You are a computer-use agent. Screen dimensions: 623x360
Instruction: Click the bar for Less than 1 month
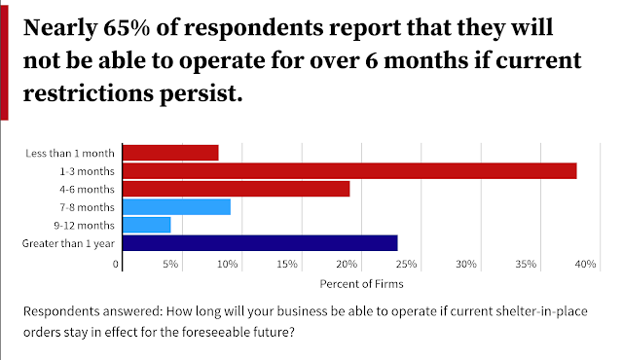tap(170, 153)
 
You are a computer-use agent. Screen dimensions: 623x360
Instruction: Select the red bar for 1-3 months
tap(349, 170)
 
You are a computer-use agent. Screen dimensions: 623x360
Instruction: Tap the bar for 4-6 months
tap(236, 189)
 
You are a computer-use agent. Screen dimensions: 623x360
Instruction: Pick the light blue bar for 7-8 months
tap(176, 207)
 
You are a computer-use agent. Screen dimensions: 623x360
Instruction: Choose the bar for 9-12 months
tap(147, 225)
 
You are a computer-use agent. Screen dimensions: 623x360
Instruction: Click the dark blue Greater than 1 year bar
tap(260, 243)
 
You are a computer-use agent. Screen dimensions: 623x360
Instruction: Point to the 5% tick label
tap(170, 264)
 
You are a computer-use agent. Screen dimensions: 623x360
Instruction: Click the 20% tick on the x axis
tap(347, 264)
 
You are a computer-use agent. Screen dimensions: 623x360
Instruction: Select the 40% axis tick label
tap(585, 264)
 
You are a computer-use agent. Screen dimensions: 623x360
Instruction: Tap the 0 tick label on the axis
tap(116, 264)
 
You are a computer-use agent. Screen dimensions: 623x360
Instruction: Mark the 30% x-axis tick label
tap(466, 264)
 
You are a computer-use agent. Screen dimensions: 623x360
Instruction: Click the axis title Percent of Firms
tap(361, 284)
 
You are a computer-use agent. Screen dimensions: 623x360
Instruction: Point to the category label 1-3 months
tap(87, 171)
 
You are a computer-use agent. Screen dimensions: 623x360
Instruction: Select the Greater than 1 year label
tap(68, 243)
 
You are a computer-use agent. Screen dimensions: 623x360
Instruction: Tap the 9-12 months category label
tap(85, 226)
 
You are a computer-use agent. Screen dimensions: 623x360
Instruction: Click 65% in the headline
tap(127, 28)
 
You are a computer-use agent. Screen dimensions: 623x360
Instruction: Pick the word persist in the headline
tap(202, 94)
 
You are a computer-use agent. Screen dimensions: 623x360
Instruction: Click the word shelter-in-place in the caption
tap(541, 311)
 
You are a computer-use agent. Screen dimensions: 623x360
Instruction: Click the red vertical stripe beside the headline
tap(4, 62)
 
